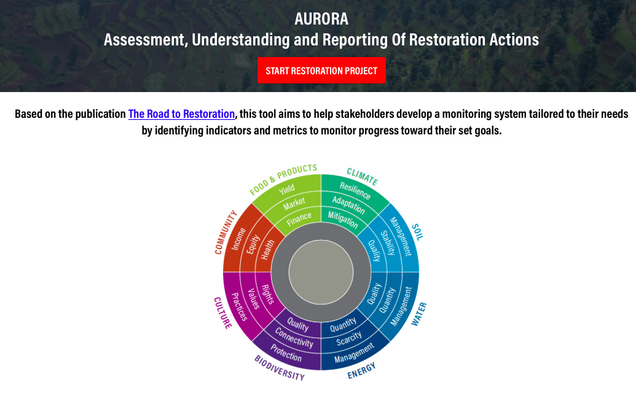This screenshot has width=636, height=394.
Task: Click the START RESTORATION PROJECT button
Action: [x=321, y=71]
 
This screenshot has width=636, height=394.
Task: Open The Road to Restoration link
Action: [x=181, y=114]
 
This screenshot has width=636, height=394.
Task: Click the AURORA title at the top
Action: [x=321, y=18]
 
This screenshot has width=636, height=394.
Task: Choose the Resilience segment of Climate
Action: [x=355, y=190]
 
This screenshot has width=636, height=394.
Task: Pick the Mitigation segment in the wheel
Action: [x=342, y=220]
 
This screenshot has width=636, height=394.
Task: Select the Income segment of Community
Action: [x=238, y=239]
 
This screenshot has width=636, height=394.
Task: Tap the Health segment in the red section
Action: [x=268, y=249]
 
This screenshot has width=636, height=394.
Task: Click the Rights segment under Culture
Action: [x=268, y=295]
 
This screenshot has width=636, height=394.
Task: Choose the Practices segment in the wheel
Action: [x=239, y=306]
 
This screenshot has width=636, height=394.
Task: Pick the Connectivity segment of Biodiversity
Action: [x=294, y=338]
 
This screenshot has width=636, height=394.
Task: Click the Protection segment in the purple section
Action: [x=286, y=353]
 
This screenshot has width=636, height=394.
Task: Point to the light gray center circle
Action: [x=321, y=272]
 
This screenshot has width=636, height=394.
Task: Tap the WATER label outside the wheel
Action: [x=419, y=314]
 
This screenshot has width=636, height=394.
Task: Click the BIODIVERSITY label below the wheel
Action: [x=280, y=368]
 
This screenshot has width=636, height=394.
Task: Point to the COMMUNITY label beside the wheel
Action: [x=226, y=233]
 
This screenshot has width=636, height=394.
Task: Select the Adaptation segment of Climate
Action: [x=348, y=205]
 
